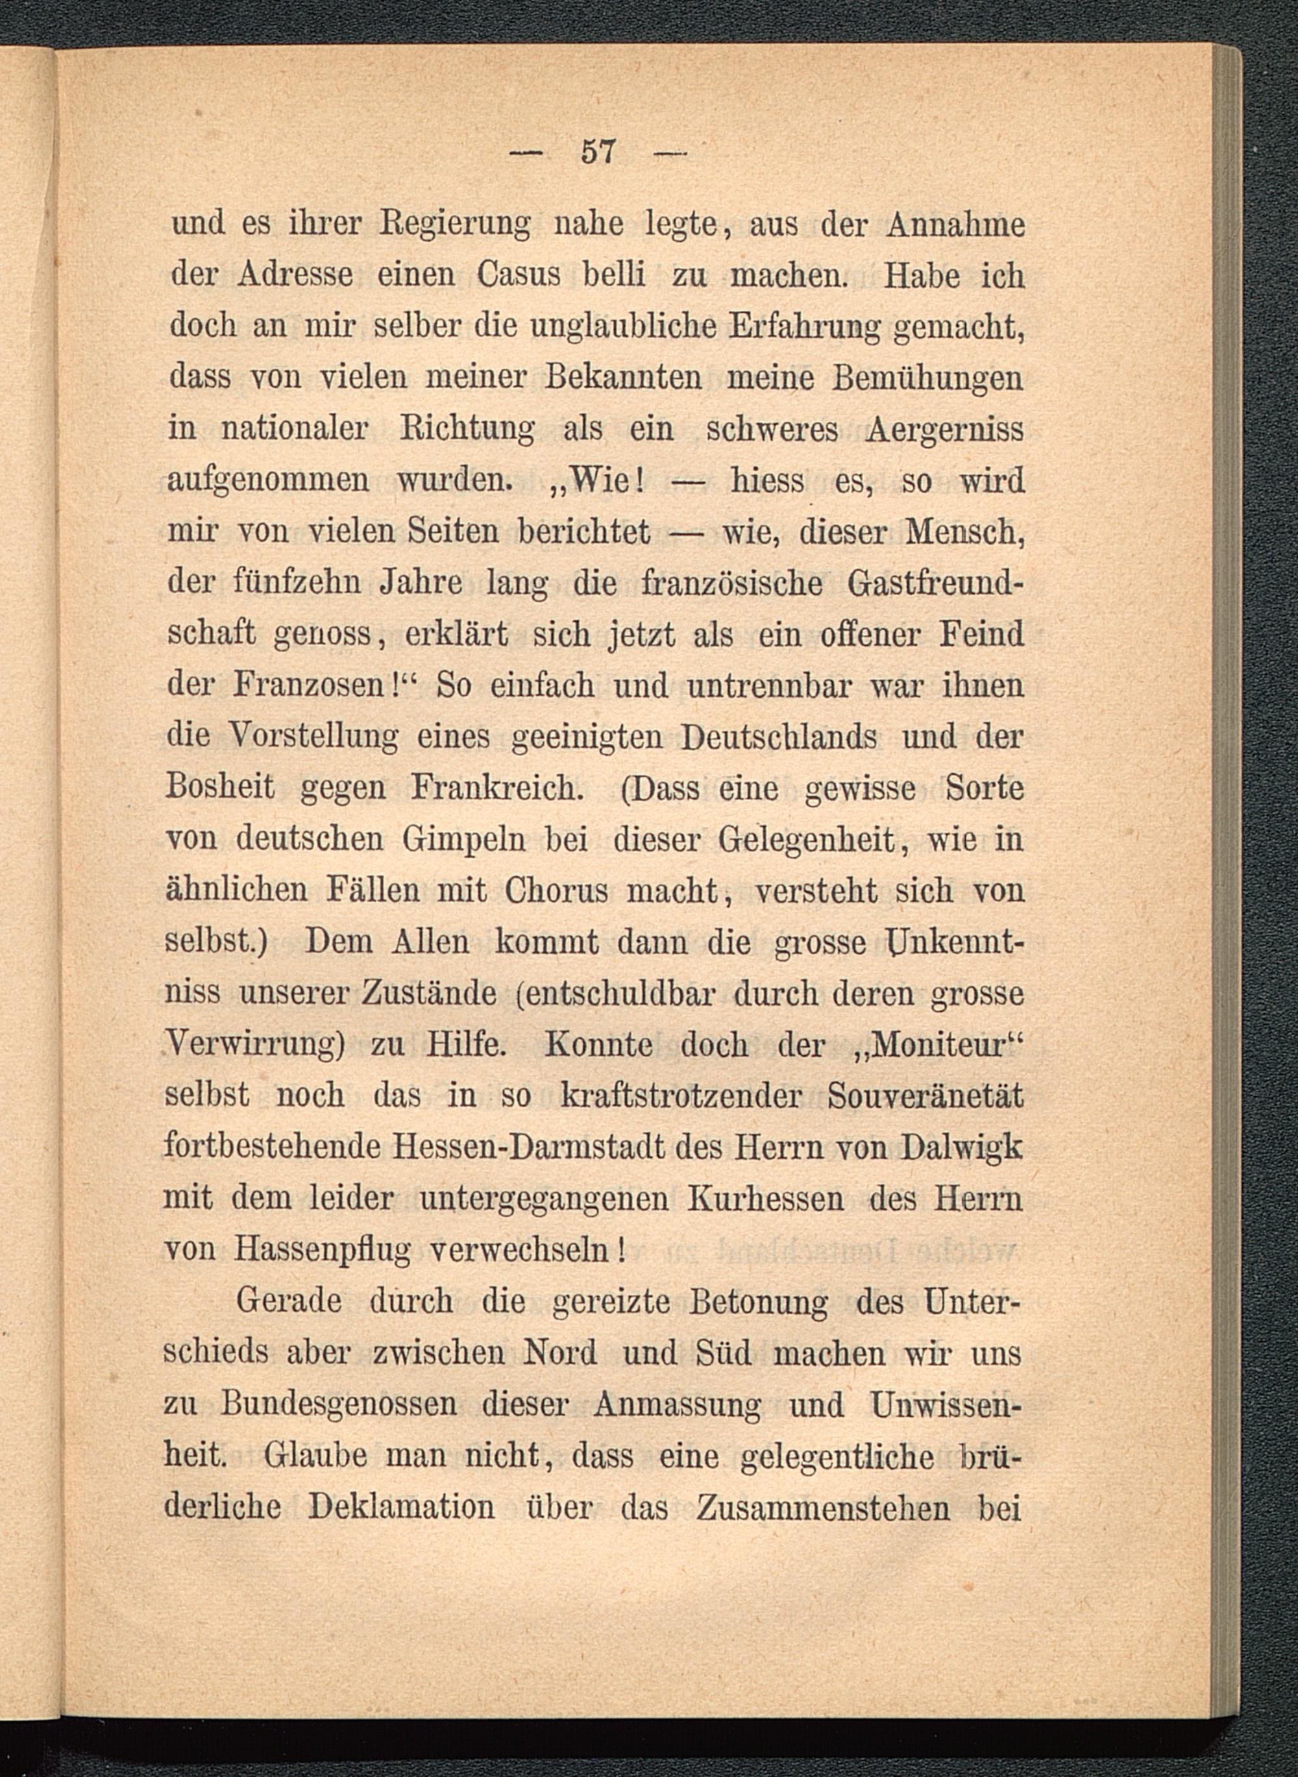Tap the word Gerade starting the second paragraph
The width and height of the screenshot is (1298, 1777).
pyautogui.click(x=288, y=1302)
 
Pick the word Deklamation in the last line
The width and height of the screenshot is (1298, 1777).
pyautogui.click(x=402, y=1508)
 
